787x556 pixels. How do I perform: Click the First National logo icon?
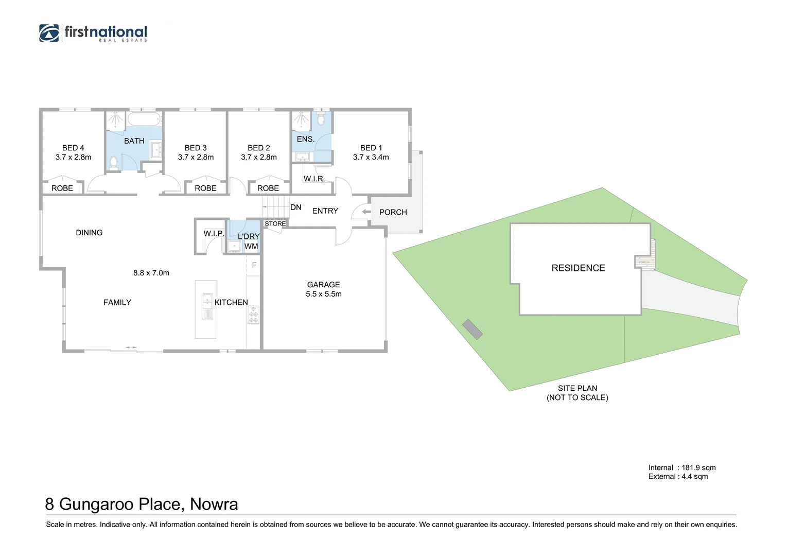[x=49, y=32]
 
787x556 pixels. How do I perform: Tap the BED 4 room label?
[x=73, y=148]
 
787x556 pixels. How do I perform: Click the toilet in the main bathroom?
[x=114, y=163]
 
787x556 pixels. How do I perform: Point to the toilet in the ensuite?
[x=321, y=119]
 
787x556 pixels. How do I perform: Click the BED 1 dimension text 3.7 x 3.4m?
[x=371, y=157]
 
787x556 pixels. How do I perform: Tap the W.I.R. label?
[x=313, y=179]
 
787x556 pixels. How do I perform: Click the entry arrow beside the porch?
[x=366, y=212]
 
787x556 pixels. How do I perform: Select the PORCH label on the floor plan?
[x=393, y=212]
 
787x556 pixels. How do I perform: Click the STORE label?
[x=275, y=223]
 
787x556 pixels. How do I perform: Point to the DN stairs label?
[x=295, y=207]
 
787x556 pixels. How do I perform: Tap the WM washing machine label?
[x=251, y=246]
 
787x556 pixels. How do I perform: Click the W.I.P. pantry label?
[x=213, y=233]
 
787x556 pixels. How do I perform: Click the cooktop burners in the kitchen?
[x=253, y=315]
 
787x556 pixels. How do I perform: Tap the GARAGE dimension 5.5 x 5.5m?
[x=323, y=294]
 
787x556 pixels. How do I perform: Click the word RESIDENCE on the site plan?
[x=578, y=268]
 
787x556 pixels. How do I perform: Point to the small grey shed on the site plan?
[x=472, y=329]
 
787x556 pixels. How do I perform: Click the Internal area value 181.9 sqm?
[x=698, y=467]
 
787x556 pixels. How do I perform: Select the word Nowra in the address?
[x=214, y=504]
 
